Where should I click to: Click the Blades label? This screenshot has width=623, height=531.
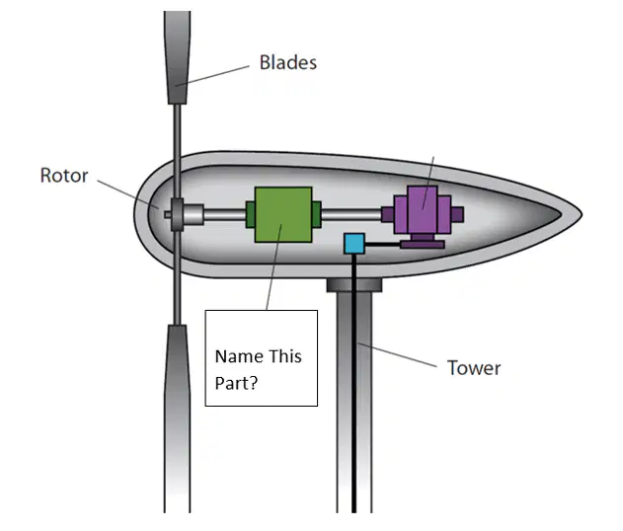(x=288, y=62)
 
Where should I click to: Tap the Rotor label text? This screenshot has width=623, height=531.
(x=64, y=176)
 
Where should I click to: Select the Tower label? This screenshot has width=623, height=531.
(x=474, y=368)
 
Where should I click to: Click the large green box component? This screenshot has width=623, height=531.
(x=283, y=214)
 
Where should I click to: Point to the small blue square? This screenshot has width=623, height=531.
(x=354, y=244)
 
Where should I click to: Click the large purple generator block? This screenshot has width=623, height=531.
(x=423, y=209)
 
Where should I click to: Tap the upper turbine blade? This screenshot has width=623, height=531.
(x=177, y=57)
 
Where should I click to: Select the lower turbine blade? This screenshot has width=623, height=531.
(x=177, y=418)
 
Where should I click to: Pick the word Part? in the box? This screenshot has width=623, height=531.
(x=236, y=383)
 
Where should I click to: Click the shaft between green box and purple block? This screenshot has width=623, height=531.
(x=351, y=215)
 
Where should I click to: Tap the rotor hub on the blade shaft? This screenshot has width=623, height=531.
(x=177, y=214)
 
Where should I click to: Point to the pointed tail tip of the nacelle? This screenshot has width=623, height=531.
(x=582, y=214)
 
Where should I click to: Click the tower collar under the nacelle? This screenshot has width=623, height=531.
(x=354, y=285)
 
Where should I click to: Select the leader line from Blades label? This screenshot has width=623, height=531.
(x=212, y=75)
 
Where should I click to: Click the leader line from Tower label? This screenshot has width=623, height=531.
(x=398, y=354)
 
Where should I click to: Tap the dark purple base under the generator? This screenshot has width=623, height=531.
(x=422, y=242)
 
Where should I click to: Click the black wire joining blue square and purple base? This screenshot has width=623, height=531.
(x=383, y=244)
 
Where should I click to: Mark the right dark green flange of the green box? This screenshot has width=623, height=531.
(x=317, y=214)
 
